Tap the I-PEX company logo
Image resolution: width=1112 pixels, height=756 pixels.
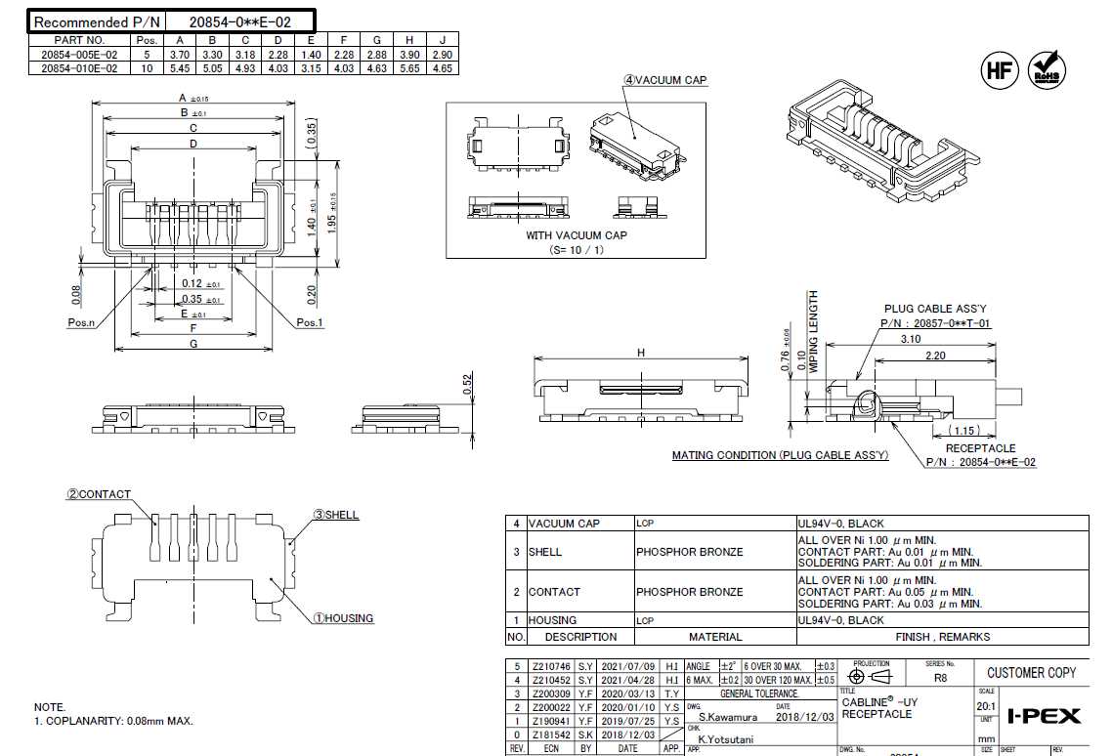(x=1043, y=716)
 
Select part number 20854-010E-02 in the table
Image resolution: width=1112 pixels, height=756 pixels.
(x=79, y=68)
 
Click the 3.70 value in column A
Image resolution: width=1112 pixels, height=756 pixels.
(x=179, y=55)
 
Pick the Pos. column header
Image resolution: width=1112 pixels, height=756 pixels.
(x=147, y=40)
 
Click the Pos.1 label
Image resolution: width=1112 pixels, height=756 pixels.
(x=310, y=323)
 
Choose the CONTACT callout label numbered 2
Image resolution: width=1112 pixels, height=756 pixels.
(x=99, y=494)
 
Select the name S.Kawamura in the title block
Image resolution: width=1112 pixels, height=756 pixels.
(x=724, y=717)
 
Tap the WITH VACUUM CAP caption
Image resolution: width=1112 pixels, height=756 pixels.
(x=577, y=235)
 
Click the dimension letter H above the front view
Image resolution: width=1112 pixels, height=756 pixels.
(x=641, y=353)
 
